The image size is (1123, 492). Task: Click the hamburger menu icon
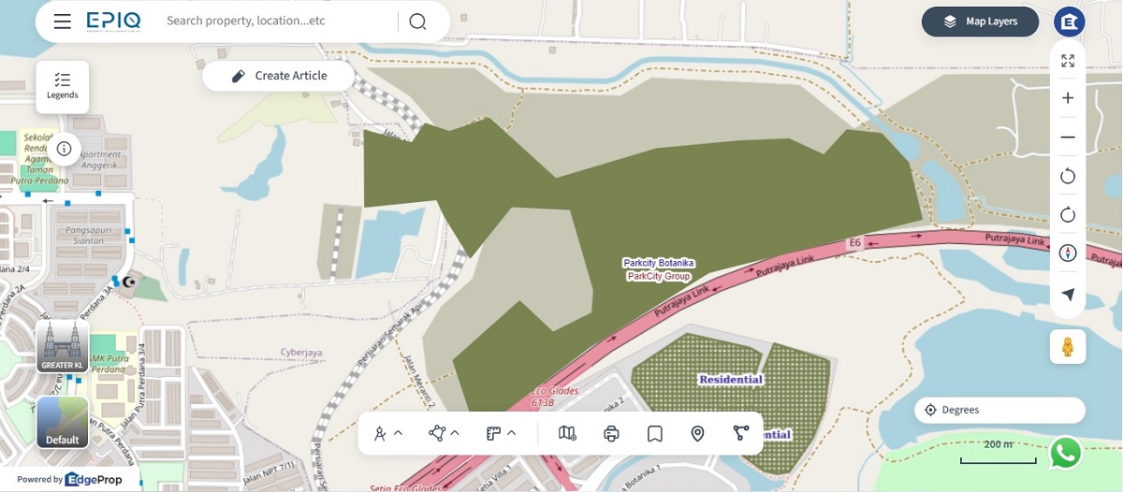(63, 22)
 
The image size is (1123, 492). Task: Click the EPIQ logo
(114, 22)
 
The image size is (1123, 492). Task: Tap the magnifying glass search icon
(417, 22)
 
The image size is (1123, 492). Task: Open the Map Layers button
(980, 22)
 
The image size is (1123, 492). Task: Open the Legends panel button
(63, 86)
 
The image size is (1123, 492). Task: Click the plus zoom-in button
(1068, 98)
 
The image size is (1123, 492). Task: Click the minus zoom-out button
(1068, 137)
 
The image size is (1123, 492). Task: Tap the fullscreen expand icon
(1068, 61)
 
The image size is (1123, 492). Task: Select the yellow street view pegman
(1068, 347)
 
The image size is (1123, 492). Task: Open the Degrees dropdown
(999, 410)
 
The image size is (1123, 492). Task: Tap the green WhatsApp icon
(1066, 453)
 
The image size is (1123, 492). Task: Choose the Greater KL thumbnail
(63, 347)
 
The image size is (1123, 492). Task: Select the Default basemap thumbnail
(63, 422)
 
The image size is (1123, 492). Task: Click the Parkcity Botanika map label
(659, 263)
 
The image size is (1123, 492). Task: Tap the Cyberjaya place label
(301, 353)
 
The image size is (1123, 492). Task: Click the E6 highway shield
(853, 243)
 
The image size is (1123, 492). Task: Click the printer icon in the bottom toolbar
(612, 433)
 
